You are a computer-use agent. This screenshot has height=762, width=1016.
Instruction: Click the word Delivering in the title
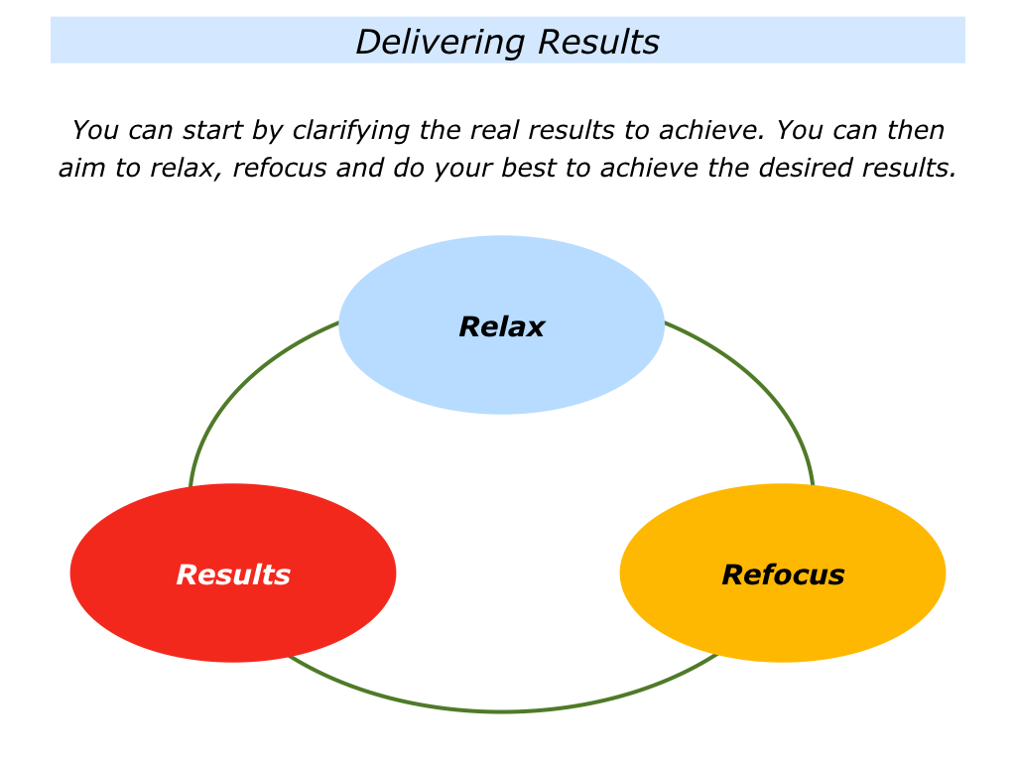tap(441, 43)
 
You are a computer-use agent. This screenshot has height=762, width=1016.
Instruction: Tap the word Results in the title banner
tap(598, 42)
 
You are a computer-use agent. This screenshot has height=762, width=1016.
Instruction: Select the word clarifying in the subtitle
tap(350, 131)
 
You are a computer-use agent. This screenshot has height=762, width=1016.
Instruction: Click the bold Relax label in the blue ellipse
tap(501, 326)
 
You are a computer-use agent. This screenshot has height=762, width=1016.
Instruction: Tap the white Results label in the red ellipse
tap(233, 574)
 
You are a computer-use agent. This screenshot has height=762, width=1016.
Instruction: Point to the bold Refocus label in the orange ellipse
tap(783, 574)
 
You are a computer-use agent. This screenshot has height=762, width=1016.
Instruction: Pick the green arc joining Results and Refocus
tap(502, 710)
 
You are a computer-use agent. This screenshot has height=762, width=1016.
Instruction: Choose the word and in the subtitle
tap(360, 168)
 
